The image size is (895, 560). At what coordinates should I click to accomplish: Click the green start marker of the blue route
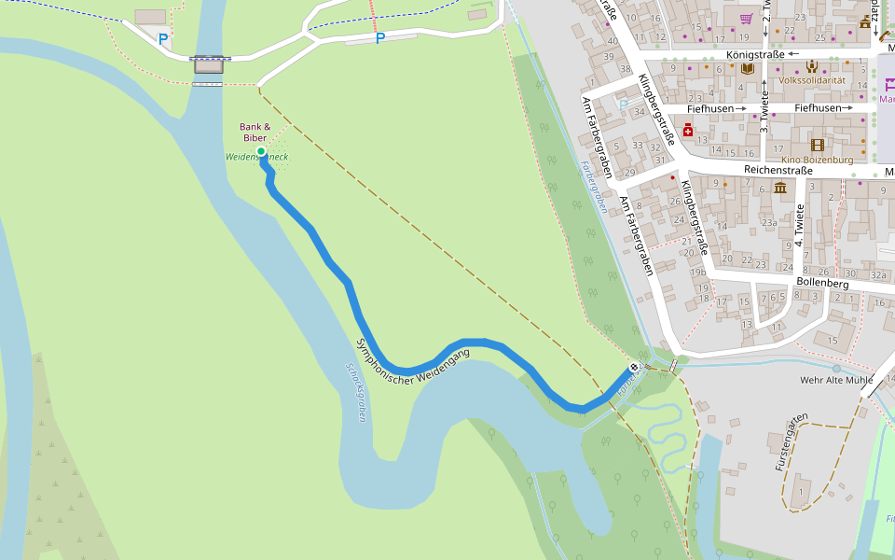[x=261, y=151]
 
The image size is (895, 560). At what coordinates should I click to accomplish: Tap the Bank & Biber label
[x=255, y=133]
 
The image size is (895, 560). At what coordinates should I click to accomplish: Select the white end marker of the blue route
[x=634, y=368]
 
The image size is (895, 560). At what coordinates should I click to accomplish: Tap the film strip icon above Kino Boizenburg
[x=818, y=145]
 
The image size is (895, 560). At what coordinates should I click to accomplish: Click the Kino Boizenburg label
[x=818, y=160]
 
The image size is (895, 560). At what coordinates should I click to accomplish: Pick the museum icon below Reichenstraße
[x=779, y=189]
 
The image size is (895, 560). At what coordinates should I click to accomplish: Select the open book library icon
[x=747, y=68]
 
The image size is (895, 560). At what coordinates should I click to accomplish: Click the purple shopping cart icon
[x=746, y=19]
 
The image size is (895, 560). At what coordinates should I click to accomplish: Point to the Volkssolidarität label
[x=811, y=80]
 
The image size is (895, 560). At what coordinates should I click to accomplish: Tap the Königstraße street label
[x=756, y=54]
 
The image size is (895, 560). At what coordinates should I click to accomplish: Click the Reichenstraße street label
[x=779, y=172]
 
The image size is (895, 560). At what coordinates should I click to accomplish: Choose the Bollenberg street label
[x=822, y=282]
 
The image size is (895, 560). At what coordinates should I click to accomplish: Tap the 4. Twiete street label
[x=799, y=225]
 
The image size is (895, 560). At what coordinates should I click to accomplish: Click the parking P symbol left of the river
[x=163, y=39]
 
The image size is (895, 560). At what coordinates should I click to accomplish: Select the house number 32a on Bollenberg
[x=877, y=275]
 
